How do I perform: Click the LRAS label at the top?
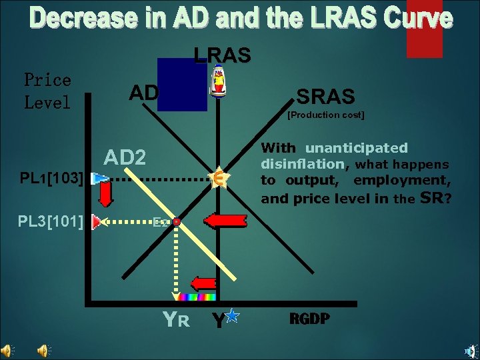[222, 55]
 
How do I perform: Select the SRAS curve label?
[325, 97]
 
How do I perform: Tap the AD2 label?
[125, 158]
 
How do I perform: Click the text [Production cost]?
[325, 115]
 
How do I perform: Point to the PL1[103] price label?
[51, 179]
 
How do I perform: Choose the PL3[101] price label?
[51, 220]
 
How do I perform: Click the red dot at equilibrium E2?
[177, 221]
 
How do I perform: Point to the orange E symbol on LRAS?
[216, 179]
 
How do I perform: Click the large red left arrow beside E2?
[225, 221]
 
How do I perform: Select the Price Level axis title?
[47, 91]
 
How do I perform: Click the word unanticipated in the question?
[356, 148]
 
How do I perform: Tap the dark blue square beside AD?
[182, 84]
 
